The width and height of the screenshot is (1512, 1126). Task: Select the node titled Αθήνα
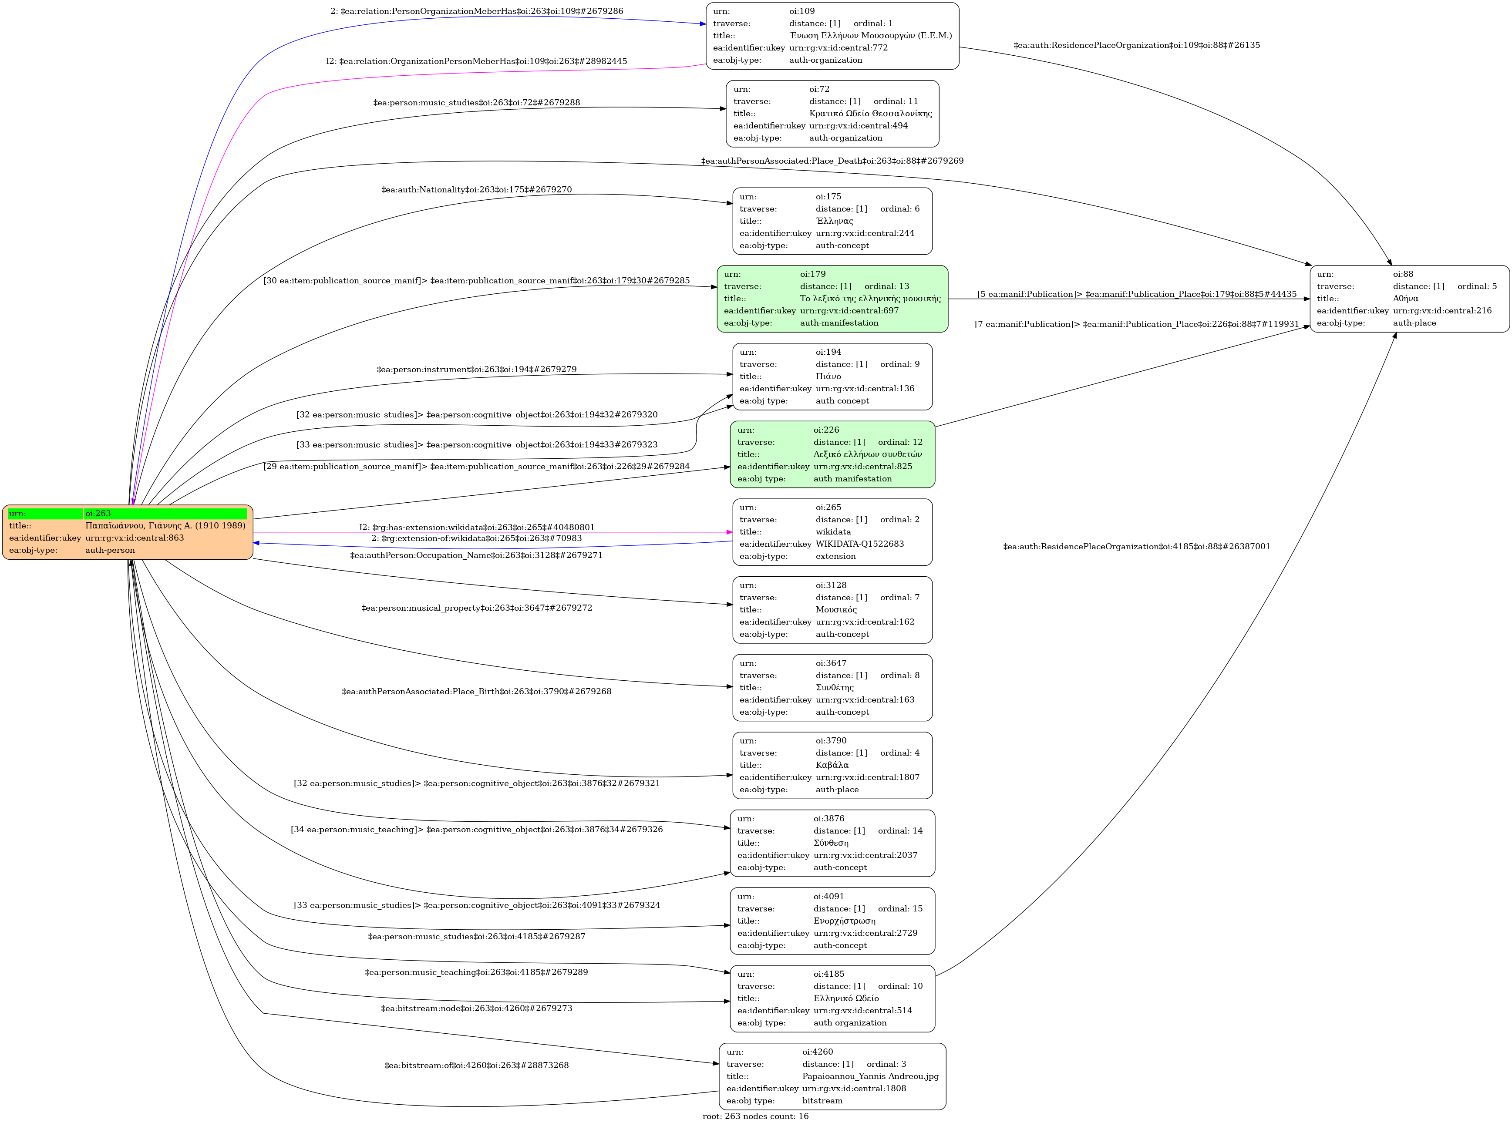pos(1409,299)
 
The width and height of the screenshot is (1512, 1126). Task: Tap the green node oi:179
pos(832,299)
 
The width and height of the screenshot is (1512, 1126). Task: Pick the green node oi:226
pos(832,454)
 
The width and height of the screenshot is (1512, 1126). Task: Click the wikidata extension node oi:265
pos(832,531)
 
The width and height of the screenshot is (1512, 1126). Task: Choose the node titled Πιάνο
pos(832,376)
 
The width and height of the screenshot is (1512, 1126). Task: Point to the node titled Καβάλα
pos(832,765)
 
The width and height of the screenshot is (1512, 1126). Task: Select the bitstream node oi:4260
pos(832,1076)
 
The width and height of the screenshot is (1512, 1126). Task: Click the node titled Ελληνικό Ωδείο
pos(832,998)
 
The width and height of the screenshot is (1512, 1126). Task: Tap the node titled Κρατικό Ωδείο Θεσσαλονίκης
pos(832,113)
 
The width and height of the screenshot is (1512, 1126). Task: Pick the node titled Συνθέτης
pos(832,687)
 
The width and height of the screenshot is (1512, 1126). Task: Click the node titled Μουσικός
pos(832,609)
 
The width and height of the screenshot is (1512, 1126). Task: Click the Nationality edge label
pos(477,189)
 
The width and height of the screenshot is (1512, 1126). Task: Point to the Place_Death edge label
pos(832,161)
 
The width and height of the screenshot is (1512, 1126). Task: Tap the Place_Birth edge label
pos(477,691)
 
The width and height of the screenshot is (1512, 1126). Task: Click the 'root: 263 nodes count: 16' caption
pos(755,1116)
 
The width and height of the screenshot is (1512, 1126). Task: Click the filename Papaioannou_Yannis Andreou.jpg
pos(870,1076)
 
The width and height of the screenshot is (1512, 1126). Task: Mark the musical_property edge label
pos(477,607)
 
